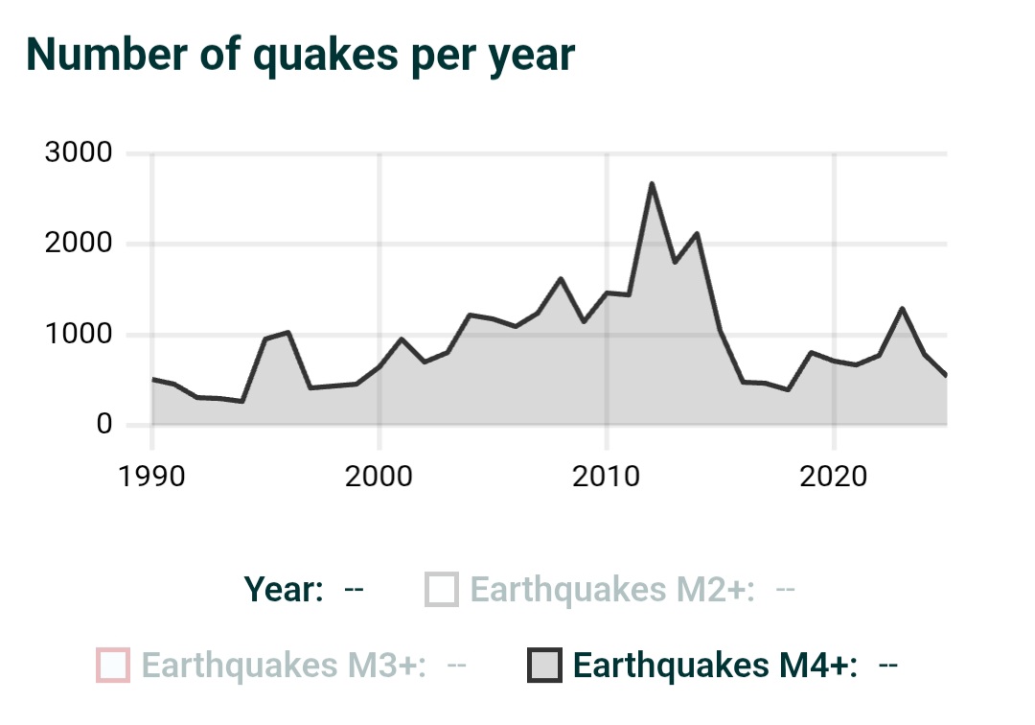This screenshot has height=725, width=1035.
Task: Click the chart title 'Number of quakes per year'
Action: tap(300, 55)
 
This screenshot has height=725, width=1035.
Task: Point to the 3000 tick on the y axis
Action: tap(79, 153)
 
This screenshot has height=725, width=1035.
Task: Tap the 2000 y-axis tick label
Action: tap(79, 244)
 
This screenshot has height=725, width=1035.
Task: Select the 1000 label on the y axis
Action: tap(79, 335)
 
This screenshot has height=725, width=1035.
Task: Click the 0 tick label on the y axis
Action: tap(103, 425)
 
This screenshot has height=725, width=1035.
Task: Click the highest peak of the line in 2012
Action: tap(652, 183)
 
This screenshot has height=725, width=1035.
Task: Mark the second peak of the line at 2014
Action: tap(697, 233)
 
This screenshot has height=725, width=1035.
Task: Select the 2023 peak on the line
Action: tap(902, 308)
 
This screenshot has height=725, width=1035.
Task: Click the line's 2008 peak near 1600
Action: tap(561, 278)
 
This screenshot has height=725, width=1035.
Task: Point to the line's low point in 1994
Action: tap(242, 402)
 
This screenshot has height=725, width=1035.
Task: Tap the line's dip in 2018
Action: tap(788, 390)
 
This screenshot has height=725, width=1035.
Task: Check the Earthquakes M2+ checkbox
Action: tap(443, 590)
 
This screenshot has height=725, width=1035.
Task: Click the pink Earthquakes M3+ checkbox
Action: tap(113, 665)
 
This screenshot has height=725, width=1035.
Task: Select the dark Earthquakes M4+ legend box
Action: tap(544, 665)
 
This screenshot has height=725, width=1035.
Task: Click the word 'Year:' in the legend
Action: tap(284, 590)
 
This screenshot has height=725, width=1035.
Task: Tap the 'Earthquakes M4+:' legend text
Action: tap(715, 665)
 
